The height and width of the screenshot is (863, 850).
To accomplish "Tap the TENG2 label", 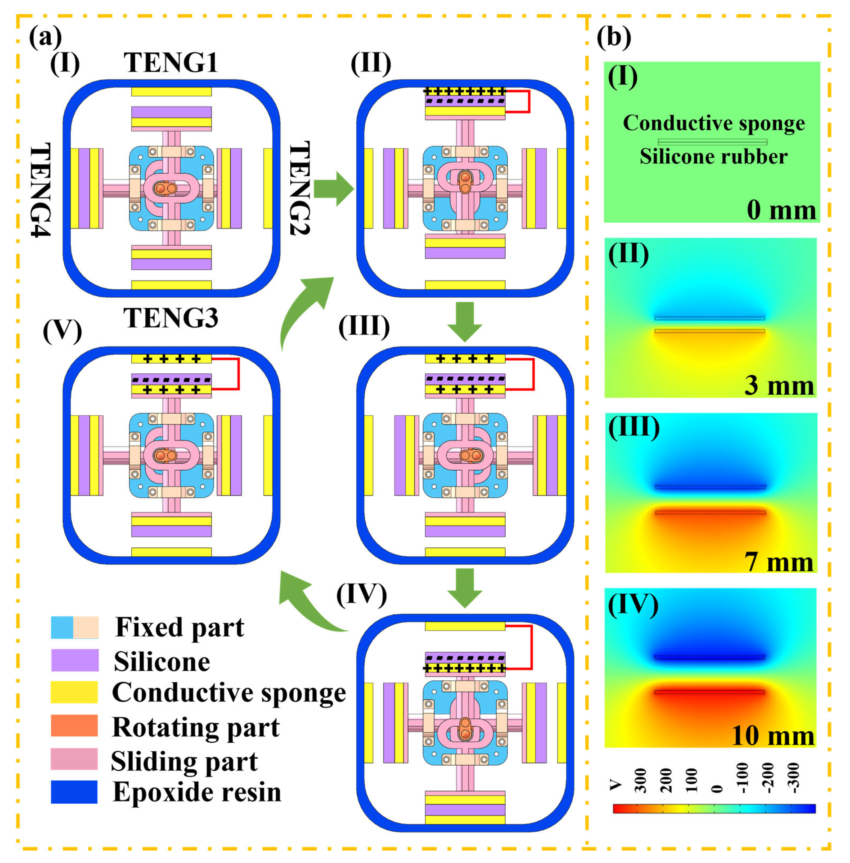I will (299, 188).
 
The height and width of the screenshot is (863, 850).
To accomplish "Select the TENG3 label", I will (171, 318).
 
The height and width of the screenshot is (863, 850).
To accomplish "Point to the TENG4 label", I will (40, 190).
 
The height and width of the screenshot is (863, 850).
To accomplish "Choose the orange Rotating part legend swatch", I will (74, 726).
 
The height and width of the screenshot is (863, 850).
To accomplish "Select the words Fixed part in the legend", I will (179, 627).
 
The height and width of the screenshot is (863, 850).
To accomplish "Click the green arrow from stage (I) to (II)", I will (334, 189).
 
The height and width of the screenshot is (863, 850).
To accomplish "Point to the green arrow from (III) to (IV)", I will (465, 588).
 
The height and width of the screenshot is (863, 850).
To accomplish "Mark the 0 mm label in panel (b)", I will (781, 210).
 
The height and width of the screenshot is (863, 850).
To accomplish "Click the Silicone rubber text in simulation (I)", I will (713, 157).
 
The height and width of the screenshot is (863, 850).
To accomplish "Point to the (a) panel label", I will (45, 38).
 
